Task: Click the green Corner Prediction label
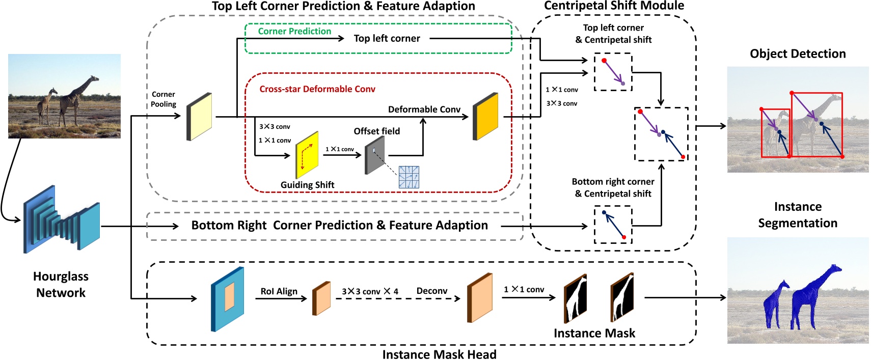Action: click(x=294, y=31)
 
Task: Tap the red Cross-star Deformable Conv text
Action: click(x=317, y=89)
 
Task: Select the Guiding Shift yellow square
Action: click(x=307, y=155)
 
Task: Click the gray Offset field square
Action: click(x=374, y=155)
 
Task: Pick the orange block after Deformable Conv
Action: click(x=485, y=116)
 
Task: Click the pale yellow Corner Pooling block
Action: click(x=199, y=117)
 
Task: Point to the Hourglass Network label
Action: click(x=61, y=285)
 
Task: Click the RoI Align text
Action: click(x=279, y=291)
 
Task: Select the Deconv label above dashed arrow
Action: click(x=431, y=291)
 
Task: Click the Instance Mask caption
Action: click(x=594, y=333)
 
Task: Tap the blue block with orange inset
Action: click(x=228, y=299)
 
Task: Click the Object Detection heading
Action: click(x=798, y=53)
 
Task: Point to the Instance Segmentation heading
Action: click(x=798, y=215)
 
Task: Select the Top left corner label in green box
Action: click(x=387, y=38)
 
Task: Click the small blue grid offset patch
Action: click(x=409, y=177)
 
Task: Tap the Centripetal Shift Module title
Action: click(x=614, y=6)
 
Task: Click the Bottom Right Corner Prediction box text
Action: click(x=339, y=226)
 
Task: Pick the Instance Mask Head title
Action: click(x=439, y=354)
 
